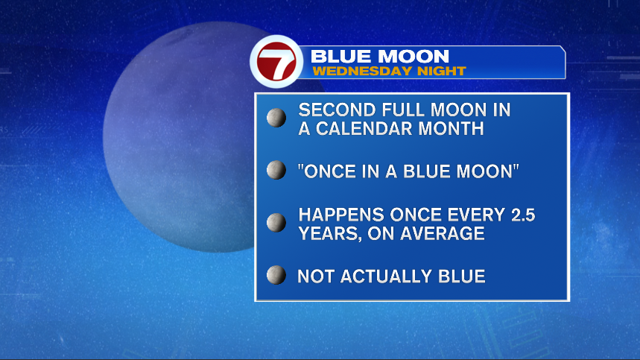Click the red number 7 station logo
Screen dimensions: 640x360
(276, 62)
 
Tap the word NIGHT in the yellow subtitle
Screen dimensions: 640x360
(441, 71)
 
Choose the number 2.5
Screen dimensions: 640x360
(522, 215)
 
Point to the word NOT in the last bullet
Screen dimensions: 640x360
(317, 277)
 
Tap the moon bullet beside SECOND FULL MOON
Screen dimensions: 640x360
(276, 118)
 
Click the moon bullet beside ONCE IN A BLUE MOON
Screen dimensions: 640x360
(276, 170)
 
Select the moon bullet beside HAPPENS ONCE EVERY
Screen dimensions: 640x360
(276, 222)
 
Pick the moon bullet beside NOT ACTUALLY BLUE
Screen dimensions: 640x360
(276, 275)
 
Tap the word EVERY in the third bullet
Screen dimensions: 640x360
(476, 215)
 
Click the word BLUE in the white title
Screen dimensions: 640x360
(341, 57)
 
